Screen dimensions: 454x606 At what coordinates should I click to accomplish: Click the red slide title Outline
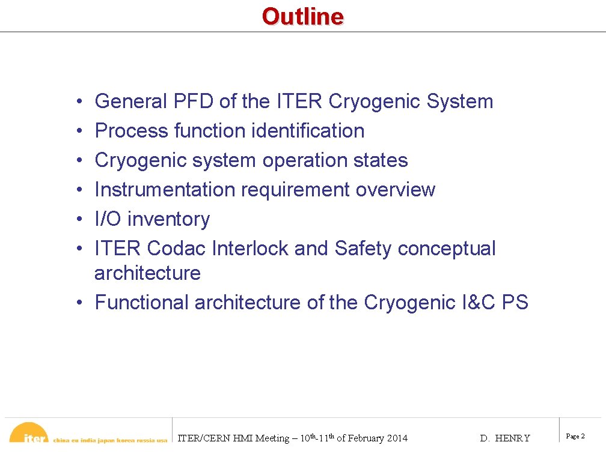[302, 16]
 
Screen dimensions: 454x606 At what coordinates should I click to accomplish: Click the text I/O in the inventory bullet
[108, 219]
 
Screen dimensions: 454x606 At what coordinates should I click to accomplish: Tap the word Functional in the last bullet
[141, 302]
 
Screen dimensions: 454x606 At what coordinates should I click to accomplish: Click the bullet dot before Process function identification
[80, 132]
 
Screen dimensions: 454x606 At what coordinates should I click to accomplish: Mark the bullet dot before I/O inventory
[80, 220]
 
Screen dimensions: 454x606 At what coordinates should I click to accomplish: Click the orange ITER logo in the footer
[30, 435]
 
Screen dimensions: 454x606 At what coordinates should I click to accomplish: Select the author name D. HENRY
[505, 438]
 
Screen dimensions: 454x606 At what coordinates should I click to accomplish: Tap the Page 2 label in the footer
[575, 437]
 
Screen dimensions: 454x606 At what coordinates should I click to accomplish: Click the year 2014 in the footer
[396, 438]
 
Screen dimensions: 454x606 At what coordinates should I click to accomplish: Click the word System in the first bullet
[459, 101]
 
